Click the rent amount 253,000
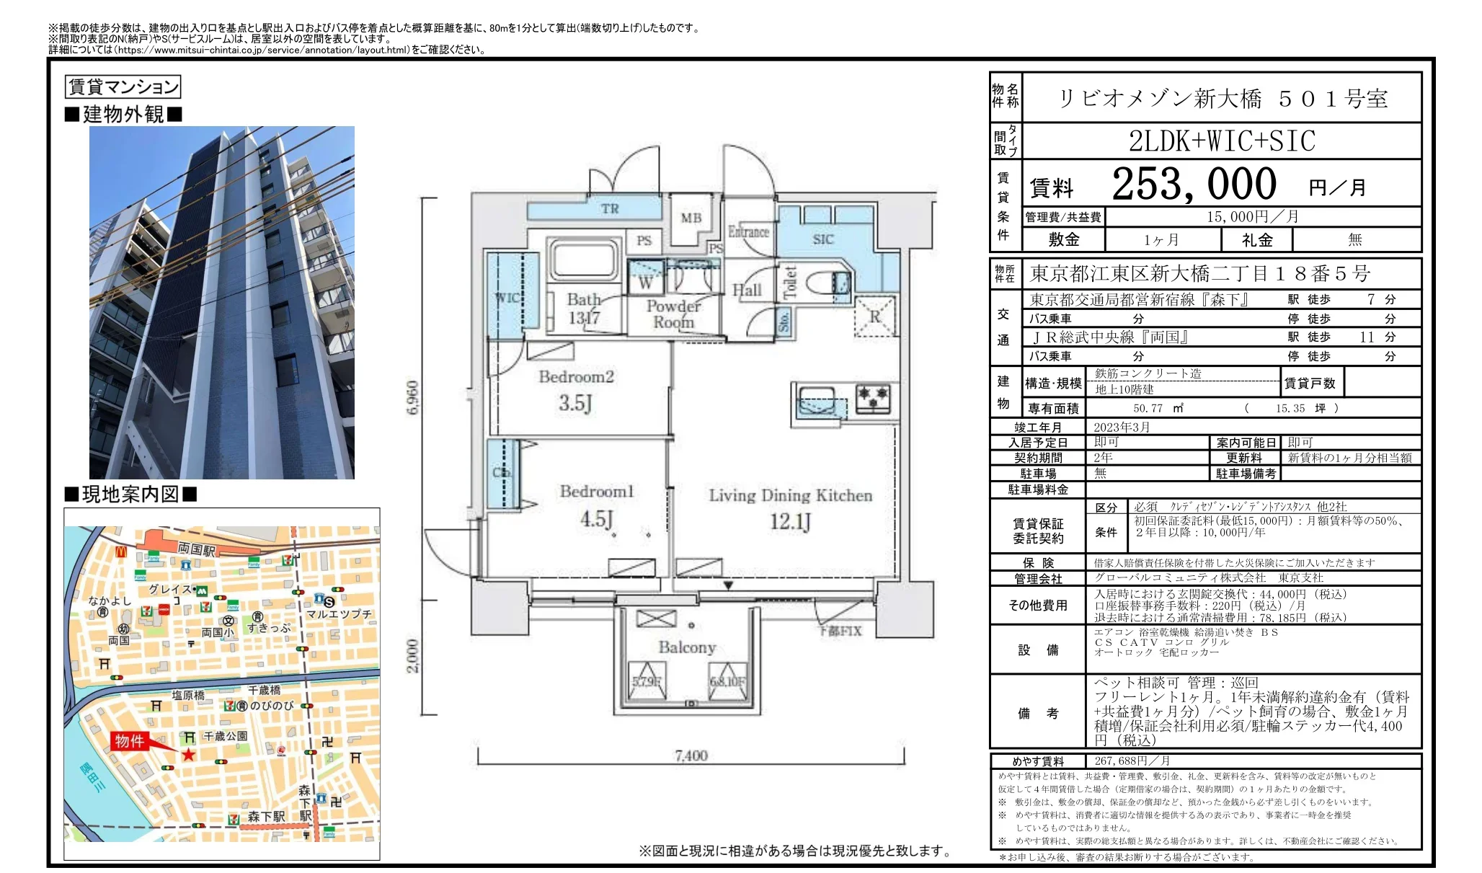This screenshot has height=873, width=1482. (x=1194, y=185)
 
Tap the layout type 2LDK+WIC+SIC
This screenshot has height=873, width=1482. (x=1222, y=141)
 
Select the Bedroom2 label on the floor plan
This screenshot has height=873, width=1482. (x=576, y=377)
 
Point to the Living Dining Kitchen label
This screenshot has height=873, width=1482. (x=790, y=496)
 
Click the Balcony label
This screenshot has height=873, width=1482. (x=687, y=647)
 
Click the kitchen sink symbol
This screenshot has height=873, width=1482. (x=821, y=400)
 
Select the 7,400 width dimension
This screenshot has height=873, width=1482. (x=691, y=755)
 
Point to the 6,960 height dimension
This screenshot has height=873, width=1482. (x=412, y=396)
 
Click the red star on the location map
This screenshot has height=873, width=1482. (x=188, y=755)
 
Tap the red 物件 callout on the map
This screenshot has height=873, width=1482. (x=130, y=741)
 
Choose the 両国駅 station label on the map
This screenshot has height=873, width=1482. (x=197, y=550)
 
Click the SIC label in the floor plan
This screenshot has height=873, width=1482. (x=822, y=239)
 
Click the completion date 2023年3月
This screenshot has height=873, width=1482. (x=1122, y=427)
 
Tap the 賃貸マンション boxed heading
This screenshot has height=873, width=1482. (x=123, y=87)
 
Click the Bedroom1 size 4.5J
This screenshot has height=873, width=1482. (x=596, y=519)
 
